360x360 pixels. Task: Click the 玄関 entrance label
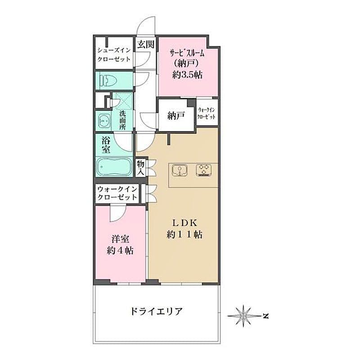[x=145, y=44]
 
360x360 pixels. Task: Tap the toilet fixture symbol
[x=108, y=81]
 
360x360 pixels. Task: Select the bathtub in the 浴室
[x=114, y=167]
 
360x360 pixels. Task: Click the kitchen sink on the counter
[x=180, y=170]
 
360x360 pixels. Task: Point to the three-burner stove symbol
[x=204, y=170]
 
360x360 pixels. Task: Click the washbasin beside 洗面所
[x=104, y=121]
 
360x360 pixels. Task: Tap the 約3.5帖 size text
[x=187, y=75]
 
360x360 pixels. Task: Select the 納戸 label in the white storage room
[x=176, y=116]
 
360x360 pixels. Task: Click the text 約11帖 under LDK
[x=184, y=234]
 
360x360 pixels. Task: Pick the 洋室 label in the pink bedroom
[x=120, y=239]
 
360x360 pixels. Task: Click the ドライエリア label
[x=156, y=311]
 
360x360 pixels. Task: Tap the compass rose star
[x=243, y=316]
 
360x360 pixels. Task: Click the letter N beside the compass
[x=265, y=316]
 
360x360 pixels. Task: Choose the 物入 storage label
[x=140, y=167]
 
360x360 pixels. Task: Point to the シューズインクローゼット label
[x=114, y=54]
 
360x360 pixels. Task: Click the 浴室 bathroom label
[x=106, y=144]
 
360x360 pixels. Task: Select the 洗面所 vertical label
[x=122, y=120]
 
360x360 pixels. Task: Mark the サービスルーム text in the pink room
[x=187, y=53]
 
